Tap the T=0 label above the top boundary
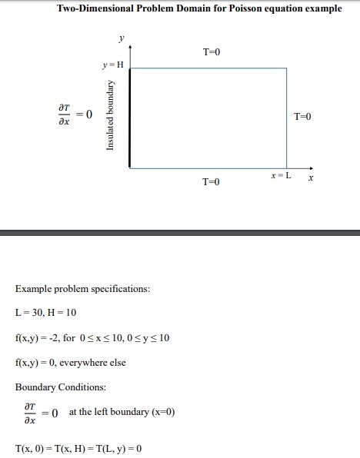(212, 52)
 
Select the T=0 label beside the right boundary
(303, 116)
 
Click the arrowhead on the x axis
(311, 167)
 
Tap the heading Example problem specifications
(82, 289)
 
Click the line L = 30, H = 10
(45, 313)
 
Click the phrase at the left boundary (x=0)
(122, 412)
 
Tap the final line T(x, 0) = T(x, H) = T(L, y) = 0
(78, 448)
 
